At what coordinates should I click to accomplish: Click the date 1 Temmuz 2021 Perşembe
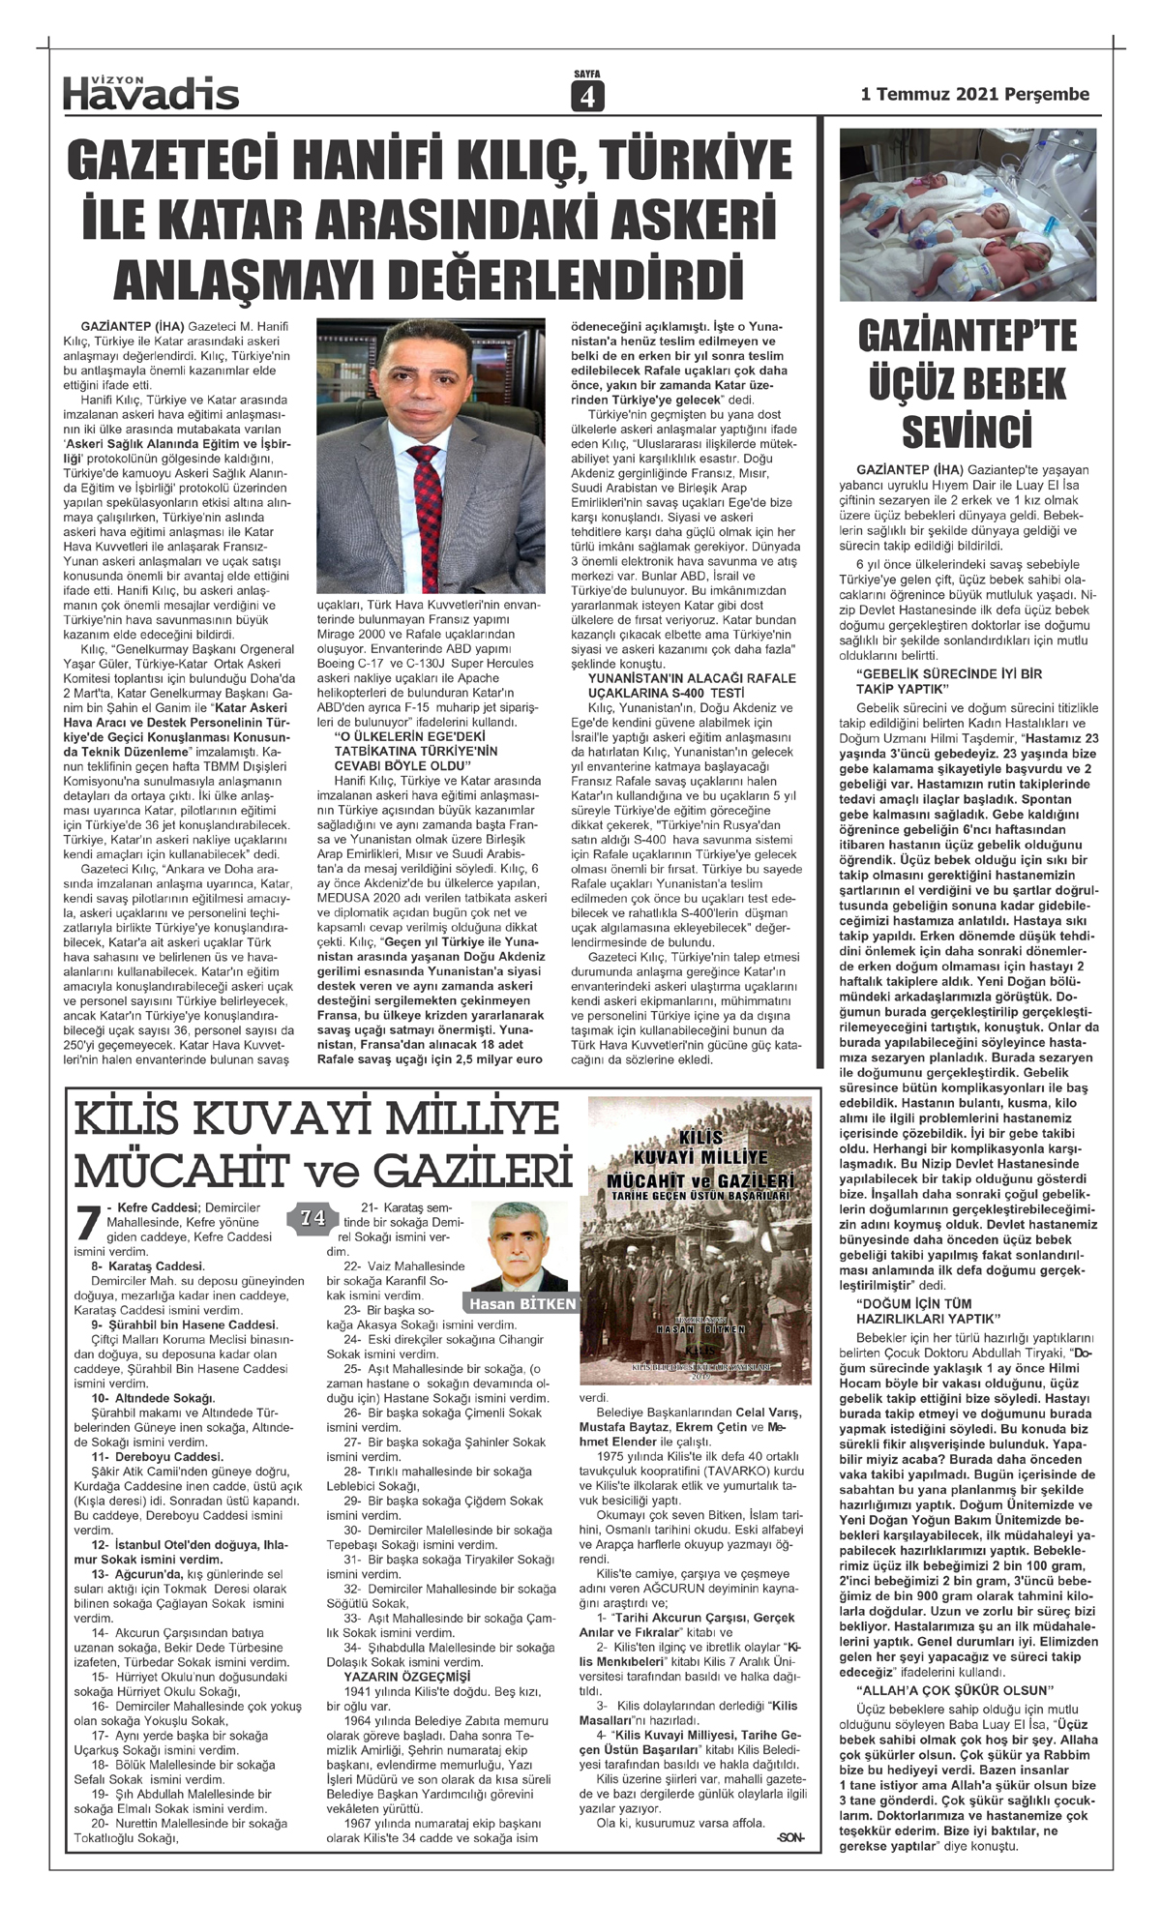point(974,94)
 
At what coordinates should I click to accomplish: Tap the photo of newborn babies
point(967,208)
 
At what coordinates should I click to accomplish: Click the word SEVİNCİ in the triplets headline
point(967,430)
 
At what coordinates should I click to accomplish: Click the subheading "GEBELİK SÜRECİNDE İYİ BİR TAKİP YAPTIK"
point(948,680)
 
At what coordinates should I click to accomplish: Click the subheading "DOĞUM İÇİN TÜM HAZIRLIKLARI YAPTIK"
point(928,1311)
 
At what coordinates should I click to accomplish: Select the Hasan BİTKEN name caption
point(522,1303)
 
